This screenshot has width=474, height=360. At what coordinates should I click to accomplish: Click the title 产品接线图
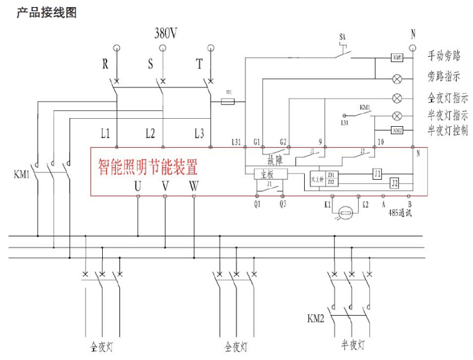46,12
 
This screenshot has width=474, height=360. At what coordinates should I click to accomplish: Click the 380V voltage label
165,33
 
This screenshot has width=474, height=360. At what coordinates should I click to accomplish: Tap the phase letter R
105,63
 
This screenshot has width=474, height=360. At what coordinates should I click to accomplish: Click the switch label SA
342,38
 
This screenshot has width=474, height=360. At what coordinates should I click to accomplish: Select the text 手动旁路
444,57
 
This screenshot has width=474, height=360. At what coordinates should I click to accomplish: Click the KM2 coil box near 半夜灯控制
397,130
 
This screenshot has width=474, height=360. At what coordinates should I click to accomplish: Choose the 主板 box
268,175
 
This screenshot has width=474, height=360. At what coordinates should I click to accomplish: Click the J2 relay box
395,183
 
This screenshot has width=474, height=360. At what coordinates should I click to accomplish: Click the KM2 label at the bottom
316,318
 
